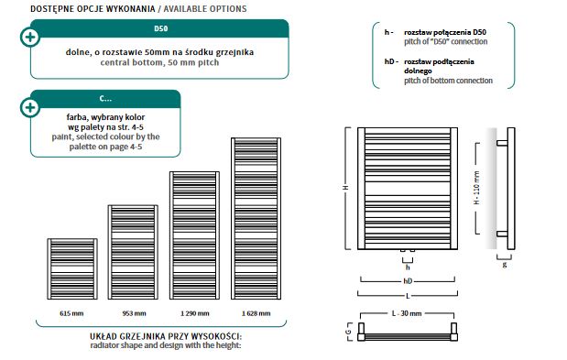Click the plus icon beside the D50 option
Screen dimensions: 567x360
click(x=30, y=38)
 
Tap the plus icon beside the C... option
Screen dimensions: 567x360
click(x=30, y=107)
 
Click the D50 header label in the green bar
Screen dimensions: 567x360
click(x=161, y=28)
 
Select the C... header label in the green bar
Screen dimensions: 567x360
click(x=105, y=98)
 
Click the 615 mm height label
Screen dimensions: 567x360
click(x=71, y=313)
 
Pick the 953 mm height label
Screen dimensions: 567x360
click(x=134, y=313)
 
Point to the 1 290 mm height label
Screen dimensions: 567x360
click(x=195, y=313)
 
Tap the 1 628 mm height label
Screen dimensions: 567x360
click(x=256, y=313)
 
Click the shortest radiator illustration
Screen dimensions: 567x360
click(x=72, y=269)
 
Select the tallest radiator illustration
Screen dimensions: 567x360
click(x=256, y=219)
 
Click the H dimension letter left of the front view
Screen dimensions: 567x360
click(x=346, y=188)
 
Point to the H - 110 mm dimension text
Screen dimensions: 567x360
click(x=477, y=188)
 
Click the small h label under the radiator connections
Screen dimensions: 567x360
click(x=408, y=267)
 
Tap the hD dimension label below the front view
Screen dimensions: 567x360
click(x=408, y=281)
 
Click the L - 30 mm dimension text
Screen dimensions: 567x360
click(x=407, y=313)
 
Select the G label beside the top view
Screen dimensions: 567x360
click(x=348, y=332)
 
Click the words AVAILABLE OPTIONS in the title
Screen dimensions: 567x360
click(x=205, y=8)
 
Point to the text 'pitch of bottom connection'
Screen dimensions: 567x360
click(x=449, y=81)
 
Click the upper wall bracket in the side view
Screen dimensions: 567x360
click(x=502, y=143)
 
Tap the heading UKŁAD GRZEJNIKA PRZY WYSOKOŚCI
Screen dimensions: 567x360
click(x=166, y=336)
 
